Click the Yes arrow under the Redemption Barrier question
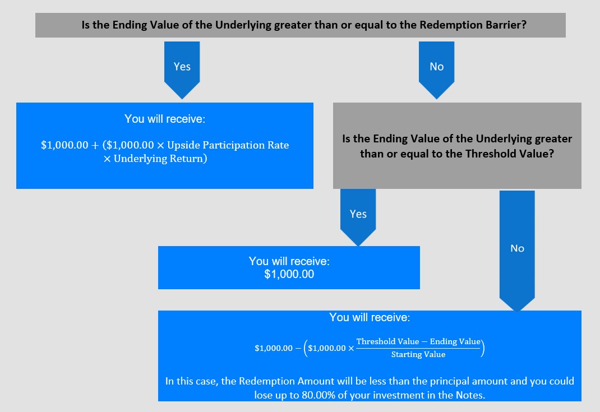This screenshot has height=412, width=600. tap(182, 70)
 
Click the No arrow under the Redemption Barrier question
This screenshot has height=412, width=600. tap(437, 70)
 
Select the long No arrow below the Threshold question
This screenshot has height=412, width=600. tap(517, 251)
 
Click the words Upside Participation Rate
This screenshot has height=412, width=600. tap(228, 145)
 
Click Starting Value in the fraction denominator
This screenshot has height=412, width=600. tap(418, 355)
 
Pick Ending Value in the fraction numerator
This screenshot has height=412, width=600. tap(455, 341)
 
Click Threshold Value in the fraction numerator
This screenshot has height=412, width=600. tap(387, 341)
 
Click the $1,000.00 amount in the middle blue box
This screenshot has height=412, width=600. tap(289, 274)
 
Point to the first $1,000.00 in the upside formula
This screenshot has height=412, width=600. tap(64, 145)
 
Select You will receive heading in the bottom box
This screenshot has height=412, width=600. tap(370, 317)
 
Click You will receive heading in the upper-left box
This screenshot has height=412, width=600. tap(165, 119)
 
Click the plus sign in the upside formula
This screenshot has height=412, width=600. tap(95, 146)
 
